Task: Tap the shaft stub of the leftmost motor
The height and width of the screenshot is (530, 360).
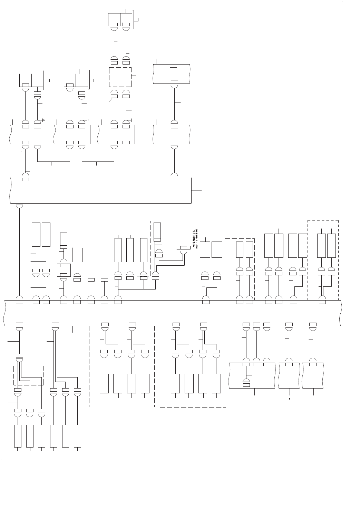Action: (x=47, y=80)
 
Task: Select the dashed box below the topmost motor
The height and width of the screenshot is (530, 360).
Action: (x=120, y=77)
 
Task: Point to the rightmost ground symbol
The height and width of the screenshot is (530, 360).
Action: (x=132, y=120)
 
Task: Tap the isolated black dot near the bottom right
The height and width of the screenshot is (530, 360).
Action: (x=289, y=399)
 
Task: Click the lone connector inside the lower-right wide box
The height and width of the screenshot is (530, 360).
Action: (x=246, y=382)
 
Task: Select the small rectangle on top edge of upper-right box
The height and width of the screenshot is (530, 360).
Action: (x=174, y=66)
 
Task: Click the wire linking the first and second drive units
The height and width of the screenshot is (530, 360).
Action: (x=53, y=161)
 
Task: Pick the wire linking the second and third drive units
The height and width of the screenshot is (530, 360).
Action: (x=98, y=161)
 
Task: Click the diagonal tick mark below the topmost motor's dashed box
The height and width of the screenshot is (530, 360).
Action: (x=111, y=100)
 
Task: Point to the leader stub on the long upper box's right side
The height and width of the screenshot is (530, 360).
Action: (x=196, y=190)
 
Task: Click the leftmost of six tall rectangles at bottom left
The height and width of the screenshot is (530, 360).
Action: (x=18, y=436)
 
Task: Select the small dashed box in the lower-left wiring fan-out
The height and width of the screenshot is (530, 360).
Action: (x=28, y=375)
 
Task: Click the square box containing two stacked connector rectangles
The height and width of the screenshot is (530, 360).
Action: (x=64, y=270)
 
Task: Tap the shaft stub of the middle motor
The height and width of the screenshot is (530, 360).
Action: (x=92, y=80)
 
